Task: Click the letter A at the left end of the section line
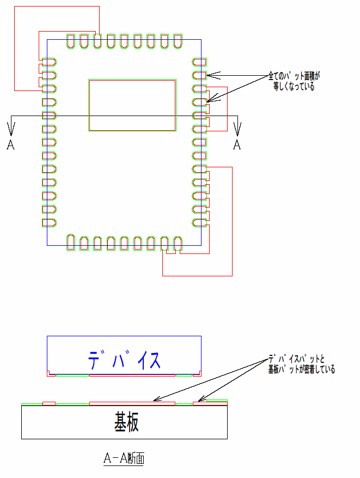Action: pyautogui.click(x=10, y=144)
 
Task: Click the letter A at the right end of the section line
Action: pyautogui.click(x=237, y=144)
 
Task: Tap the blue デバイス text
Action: pyautogui.click(x=124, y=360)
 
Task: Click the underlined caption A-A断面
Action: pyautogui.click(x=124, y=459)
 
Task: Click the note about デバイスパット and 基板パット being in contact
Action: pyautogui.click(x=301, y=365)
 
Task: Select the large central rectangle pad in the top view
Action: pyautogui.click(x=132, y=105)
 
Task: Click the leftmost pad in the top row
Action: pyautogui.click(x=71, y=41)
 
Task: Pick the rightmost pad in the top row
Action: pyautogui.click(x=178, y=41)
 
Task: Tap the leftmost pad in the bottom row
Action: pyautogui.click(x=71, y=243)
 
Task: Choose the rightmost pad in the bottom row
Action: pyautogui.click(x=178, y=243)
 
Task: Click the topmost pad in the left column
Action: pyautogui.click(x=49, y=62)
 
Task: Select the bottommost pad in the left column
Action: pyautogui.click(x=49, y=222)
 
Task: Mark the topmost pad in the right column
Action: pyautogui.click(x=199, y=62)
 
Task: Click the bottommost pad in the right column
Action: pyautogui.click(x=199, y=222)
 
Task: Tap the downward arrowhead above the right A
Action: pyautogui.click(x=237, y=129)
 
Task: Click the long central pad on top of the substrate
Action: pyautogui.click(x=132, y=404)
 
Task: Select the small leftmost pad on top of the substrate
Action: pyautogui.click(x=49, y=404)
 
